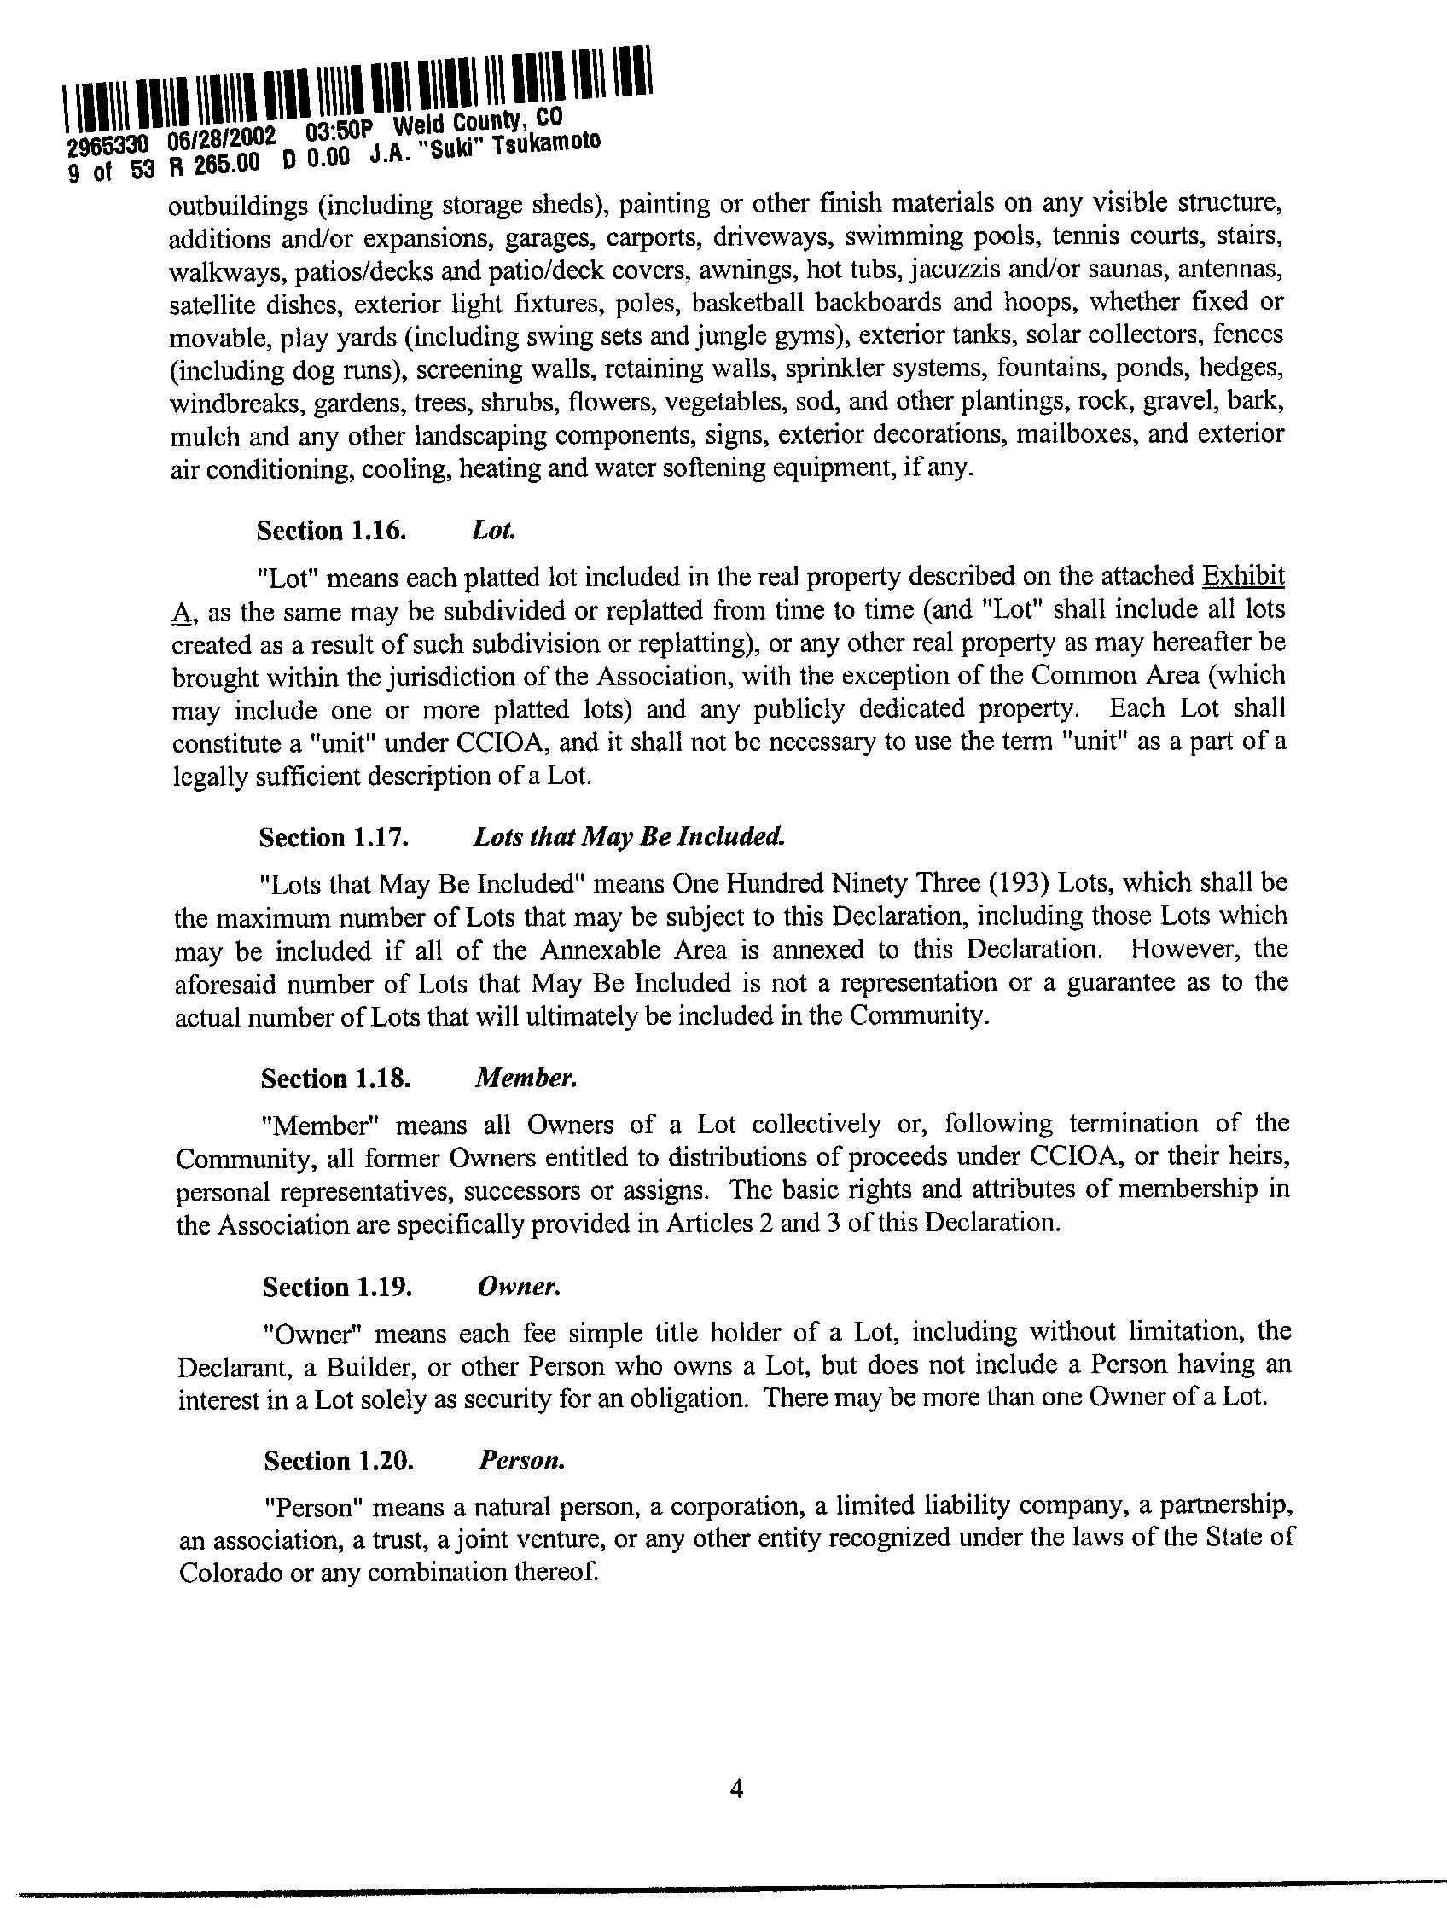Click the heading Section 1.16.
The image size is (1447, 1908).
pyautogui.click(x=330, y=530)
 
